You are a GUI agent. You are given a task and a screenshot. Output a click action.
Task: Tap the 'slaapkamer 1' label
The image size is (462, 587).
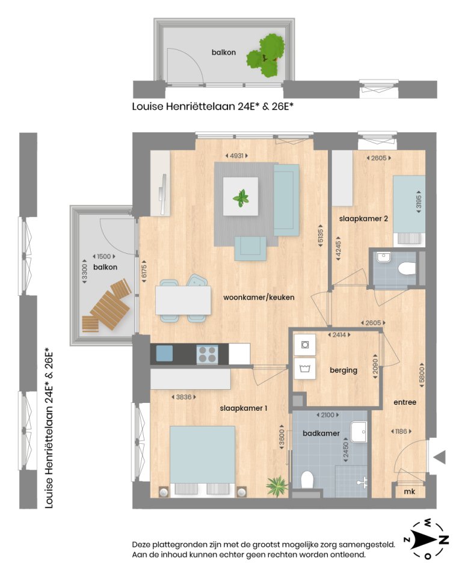click(243, 408)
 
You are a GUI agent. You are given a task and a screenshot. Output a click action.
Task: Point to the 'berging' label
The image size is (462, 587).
click(343, 370)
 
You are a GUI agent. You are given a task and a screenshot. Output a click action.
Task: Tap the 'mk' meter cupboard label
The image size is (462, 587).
click(410, 491)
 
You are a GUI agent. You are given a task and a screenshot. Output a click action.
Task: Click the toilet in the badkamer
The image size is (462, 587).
click(307, 482)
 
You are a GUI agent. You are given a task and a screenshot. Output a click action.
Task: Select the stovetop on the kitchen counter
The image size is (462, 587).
click(208, 354)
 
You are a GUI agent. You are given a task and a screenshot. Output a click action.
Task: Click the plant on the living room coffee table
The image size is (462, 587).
click(241, 197)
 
